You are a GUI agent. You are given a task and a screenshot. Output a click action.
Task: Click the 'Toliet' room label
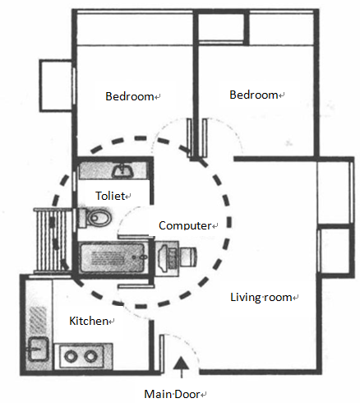click(110, 196)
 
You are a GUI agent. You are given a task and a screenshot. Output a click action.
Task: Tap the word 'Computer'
click(185, 225)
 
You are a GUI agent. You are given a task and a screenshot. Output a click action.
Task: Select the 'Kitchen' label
click(89, 321)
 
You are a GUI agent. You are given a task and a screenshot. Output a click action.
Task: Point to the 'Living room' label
click(261, 297)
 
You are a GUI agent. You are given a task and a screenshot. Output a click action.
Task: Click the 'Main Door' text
click(172, 394)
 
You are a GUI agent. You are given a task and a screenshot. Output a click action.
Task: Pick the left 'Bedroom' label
click(130, 96)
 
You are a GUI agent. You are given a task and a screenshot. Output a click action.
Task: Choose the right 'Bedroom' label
click(254, 95)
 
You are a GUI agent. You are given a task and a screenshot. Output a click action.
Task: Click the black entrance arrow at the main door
click(182, 368)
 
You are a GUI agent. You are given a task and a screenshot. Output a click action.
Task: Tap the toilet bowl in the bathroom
click(95, 218)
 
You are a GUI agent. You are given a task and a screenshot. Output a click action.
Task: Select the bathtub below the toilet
click(114, 257)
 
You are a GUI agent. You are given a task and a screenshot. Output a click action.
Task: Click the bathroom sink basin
click(123, 171)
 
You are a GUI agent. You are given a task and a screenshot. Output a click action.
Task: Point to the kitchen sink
click(39, 349)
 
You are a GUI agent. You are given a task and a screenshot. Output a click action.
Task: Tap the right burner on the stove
click(90, 356)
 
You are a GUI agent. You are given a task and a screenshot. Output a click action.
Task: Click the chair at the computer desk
click(188, 257)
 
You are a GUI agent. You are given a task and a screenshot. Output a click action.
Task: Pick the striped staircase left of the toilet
click(53, 241)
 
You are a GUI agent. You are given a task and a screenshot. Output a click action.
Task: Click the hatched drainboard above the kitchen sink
click(38, 321)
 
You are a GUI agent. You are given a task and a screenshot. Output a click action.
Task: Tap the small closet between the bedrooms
click(221, 27)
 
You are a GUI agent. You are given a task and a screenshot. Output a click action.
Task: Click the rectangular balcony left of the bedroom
click(57, 86)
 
